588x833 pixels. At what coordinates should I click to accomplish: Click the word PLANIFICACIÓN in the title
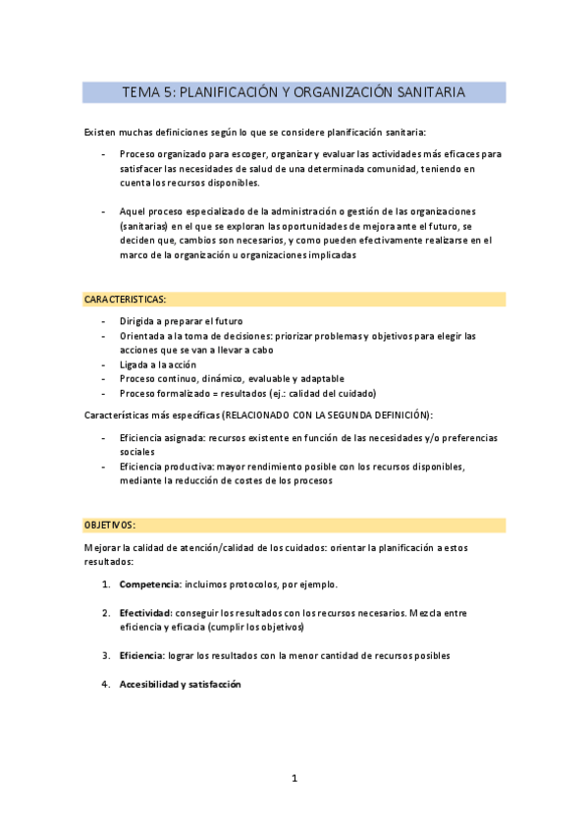pos(230,92)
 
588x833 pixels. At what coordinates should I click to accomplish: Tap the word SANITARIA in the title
pos(431,92)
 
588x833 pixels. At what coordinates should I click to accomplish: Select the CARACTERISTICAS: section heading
pos(126,299)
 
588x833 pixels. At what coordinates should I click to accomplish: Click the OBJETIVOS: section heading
pos(110,526)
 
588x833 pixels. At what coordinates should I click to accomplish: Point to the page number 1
pos(294,779)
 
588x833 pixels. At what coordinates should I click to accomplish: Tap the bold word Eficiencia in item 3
pos(140,655)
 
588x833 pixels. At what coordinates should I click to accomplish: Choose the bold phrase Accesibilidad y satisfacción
pos(180,685)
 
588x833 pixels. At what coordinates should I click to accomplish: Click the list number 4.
pos(105,685)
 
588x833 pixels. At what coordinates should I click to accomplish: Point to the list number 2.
pos(105,613)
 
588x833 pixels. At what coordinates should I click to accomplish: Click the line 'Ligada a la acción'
pos(158,364)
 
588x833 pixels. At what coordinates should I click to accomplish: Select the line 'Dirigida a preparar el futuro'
pos(181,321)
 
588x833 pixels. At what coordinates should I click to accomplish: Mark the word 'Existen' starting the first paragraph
pos(101,132)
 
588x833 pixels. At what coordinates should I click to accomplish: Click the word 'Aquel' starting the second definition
pos(133,212)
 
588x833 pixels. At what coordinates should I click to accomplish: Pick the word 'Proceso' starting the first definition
pos(137,154)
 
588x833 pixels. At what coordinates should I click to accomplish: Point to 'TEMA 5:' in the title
pos(148,92)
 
